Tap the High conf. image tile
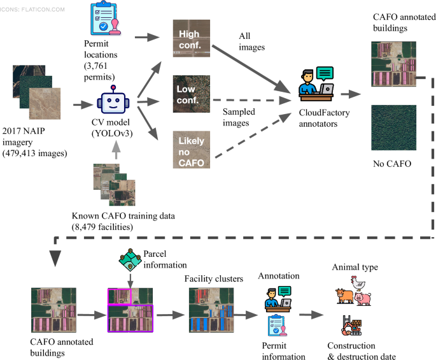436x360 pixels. [x=192, y=40]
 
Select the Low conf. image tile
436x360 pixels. [x=192, y=94]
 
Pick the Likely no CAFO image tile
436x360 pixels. [x=192, y=149]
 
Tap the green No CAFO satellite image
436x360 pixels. [x=393, y=127]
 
